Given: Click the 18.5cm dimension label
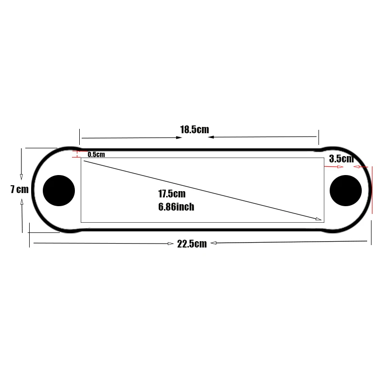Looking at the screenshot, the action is [194, 129].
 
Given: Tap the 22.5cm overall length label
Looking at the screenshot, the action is [192, 244].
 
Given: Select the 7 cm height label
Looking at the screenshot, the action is [19, 189].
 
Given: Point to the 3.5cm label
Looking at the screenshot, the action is [341, 159].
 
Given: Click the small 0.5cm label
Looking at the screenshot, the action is [96, 154].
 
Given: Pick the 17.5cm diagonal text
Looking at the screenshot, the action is [172, 194].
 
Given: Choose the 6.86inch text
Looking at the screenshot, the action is [176, 207].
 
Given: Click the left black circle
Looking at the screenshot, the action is [59, 191].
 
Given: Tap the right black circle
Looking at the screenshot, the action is [346, 191].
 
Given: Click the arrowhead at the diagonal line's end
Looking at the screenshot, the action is [318, 219].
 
